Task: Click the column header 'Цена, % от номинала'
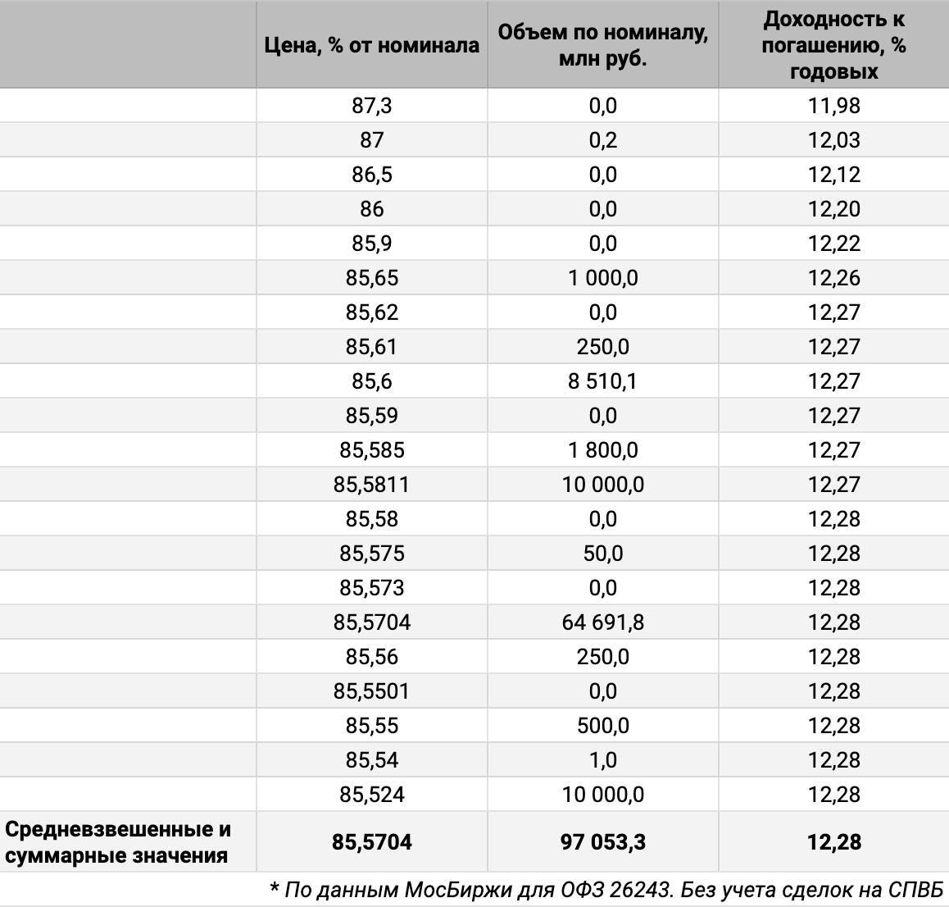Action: click(x=371, y=45)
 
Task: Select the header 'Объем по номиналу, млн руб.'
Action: click(x=602, y=45)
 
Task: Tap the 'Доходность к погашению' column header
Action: click(x=833, y=45)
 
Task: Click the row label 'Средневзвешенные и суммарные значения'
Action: click(x=118, y=842)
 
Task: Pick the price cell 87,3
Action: click(x=371, y=106)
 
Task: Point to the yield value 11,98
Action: click(x=833, y=106)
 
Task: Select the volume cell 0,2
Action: click(x=602, y=140)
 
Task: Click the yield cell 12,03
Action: click(x=833, y=140)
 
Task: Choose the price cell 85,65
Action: click(x=371, y=278)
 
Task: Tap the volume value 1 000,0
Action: click(x=602, y=278)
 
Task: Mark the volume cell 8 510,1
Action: click(x=602, y=381)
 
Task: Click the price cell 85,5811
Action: click(x=371, y=485)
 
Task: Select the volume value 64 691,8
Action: click(x=602, y=622)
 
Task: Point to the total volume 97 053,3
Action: click(x=602, y=842)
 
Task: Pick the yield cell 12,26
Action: click(x=833, y=278)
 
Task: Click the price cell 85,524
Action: click(x=371, y=795)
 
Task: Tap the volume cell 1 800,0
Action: click(x=602, y=450)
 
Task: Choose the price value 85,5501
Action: click(x=371, y=691)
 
